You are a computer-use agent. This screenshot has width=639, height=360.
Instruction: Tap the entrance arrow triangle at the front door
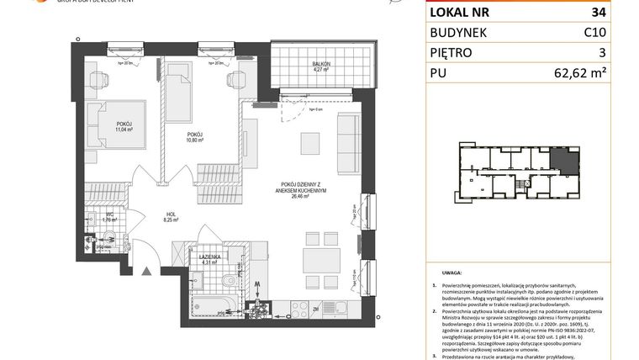tap(145, 271)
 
